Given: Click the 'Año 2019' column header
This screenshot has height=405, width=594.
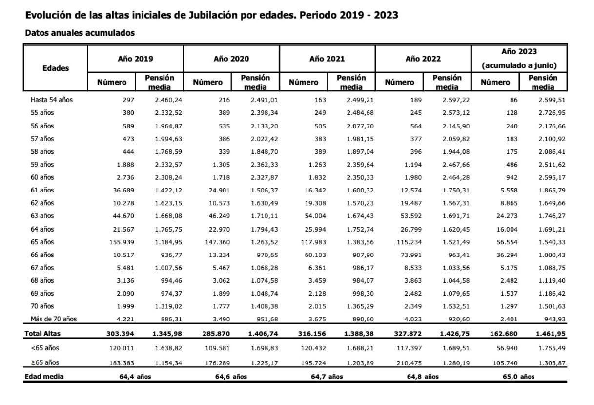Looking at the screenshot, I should tap(135, 59).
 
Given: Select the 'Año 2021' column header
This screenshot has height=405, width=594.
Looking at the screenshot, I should tap(327, 59).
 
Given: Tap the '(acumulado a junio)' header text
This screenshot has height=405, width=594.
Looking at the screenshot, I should tap(519, 65).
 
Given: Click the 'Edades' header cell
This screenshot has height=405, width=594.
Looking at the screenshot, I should tap(56, 68).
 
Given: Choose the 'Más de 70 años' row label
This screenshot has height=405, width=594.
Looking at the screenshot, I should tap(54, 320).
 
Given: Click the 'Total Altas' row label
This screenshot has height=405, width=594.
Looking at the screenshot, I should tap(43, 334).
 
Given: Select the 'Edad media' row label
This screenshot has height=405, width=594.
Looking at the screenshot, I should tap(44, 376).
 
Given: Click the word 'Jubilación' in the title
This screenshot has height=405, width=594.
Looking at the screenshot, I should tap(213, 15).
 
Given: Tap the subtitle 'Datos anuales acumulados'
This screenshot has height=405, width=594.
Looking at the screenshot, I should tap(80, 33).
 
